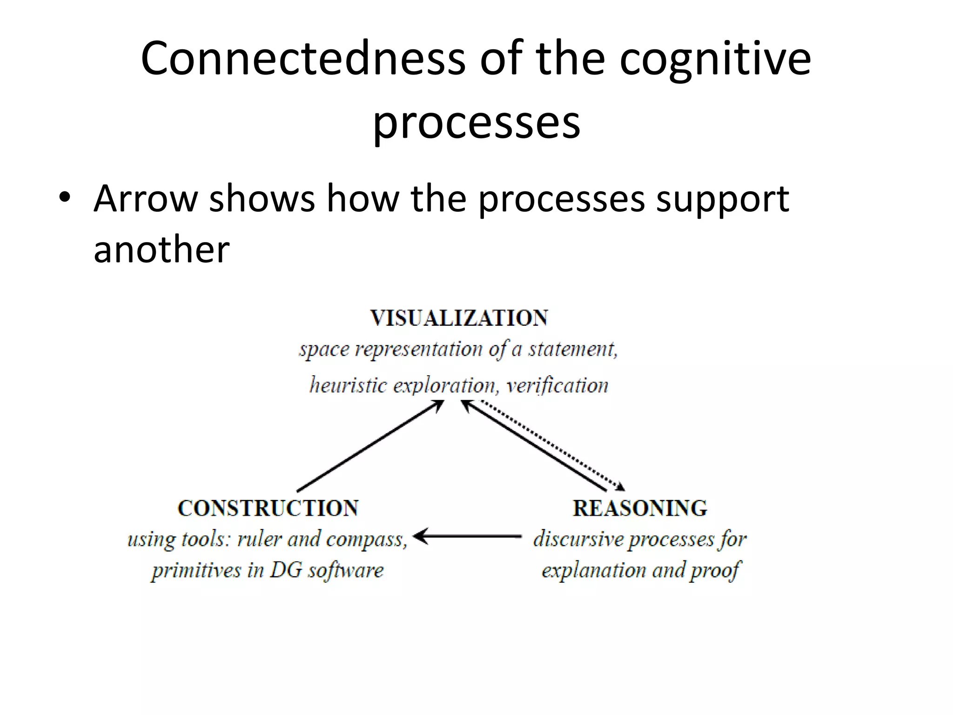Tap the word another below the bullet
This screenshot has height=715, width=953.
tap(161, 250)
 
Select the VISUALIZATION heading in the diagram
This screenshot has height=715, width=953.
tap(459, 318)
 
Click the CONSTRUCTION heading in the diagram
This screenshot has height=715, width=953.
tap(268, 508)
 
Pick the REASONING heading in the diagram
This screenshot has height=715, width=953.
tap(640, 508)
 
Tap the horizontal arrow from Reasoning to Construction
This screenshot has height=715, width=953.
tap(467, 536)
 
